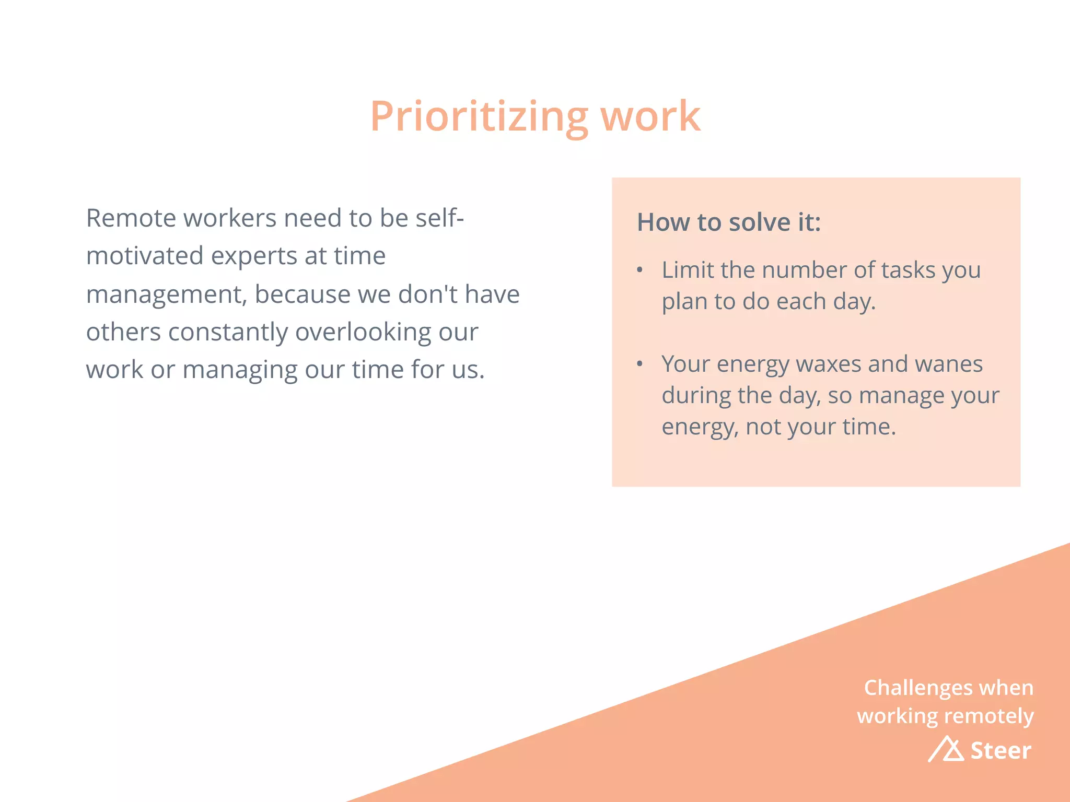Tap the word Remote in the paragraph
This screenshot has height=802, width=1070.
click(131, 218)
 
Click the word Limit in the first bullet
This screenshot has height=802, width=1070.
click(687, 270)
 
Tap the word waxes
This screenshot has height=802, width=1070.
click(828, 364)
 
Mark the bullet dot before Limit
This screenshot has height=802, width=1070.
click(639, 270)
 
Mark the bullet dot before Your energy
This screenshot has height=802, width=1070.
click(639, 364)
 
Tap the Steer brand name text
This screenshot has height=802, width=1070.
click(1001, 751)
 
